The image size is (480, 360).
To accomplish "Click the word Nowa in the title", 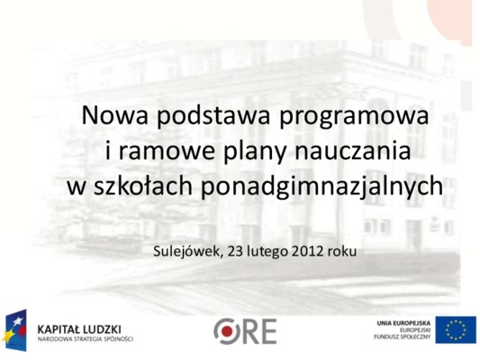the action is coord(114,115).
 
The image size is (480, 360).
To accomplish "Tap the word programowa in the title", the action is coord(354,118).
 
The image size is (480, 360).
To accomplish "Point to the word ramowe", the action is coord(167,152).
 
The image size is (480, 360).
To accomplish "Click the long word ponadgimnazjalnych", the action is coord(322,186).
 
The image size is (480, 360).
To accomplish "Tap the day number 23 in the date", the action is coord(236,251).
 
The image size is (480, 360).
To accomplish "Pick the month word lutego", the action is coord(267,252).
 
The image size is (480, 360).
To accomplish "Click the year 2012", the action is coord(308,251).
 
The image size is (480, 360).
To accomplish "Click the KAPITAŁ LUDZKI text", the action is coord(79,329).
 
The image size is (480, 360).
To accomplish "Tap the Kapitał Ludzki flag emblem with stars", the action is coord(14,330).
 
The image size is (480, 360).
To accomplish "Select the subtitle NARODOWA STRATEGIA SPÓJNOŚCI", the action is coord(86,339).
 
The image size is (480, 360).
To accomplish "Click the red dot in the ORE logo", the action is coord(227,331).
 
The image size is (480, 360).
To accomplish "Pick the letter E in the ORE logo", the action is coord(268,331).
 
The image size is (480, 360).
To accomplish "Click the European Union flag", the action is coord(456,330).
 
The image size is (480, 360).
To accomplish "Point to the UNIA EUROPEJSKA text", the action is coord(403,323).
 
